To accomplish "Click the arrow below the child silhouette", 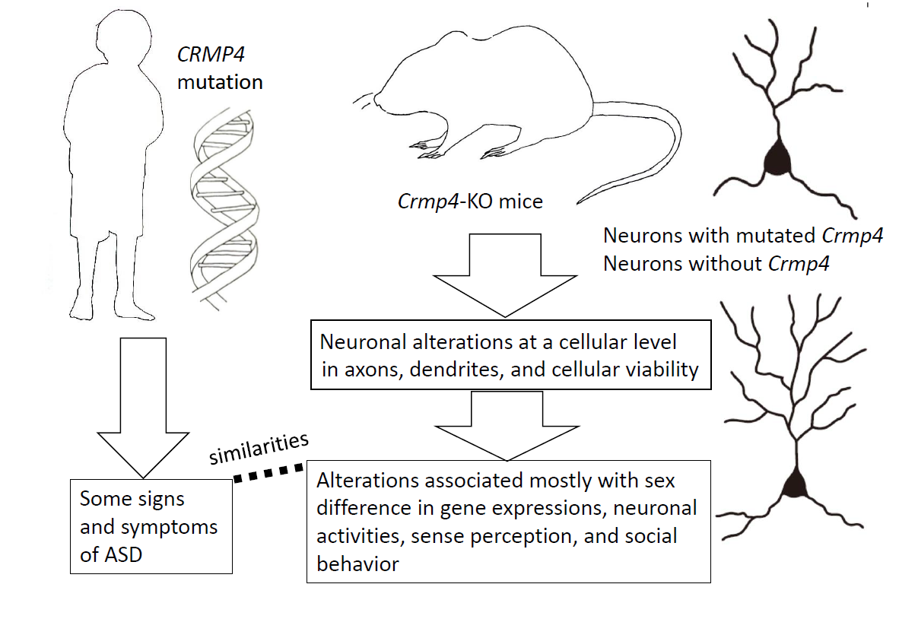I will coord(142,411).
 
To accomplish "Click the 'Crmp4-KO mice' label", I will coord(471,203).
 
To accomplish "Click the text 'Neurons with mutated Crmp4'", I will coord(742,236).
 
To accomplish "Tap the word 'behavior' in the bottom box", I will coord(357,563).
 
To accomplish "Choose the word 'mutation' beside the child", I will coord(220,82).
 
